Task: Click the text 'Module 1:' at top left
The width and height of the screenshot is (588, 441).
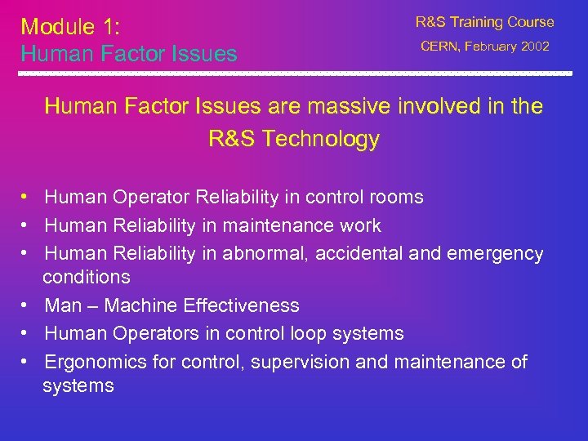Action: coord(70,26)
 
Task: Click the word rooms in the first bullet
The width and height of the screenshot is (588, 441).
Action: coord(396,197)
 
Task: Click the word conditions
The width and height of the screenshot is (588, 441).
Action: coord(87,277)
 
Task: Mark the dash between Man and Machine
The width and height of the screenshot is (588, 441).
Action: coord(92,306)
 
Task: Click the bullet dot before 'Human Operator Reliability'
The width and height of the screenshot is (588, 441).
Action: coord(27,198)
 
